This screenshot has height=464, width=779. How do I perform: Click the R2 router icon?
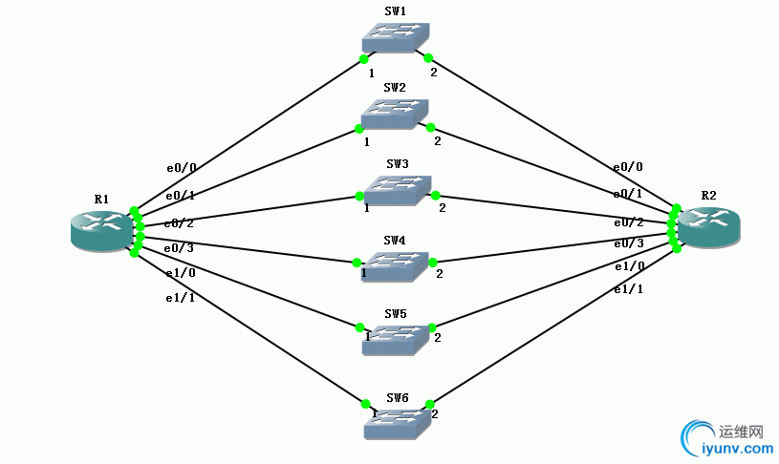tap(709, 225)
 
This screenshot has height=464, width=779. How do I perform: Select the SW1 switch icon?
tap(396, 38)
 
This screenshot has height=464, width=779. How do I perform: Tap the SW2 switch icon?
tap(395, 115)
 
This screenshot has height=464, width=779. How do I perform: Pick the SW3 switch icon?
tap(398, 191)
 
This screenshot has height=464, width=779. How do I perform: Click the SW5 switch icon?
tap(396, 341)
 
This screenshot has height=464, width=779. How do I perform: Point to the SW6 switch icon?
tap(397, 424)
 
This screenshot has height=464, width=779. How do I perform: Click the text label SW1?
tap(395, 11)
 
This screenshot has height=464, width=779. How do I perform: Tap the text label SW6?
tap(398, 397)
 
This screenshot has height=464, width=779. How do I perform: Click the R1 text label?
tap(101, 200)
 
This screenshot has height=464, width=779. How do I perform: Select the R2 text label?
tap(708, 195)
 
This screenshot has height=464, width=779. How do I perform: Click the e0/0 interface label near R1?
tap(181, 168)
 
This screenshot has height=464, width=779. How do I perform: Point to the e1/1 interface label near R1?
tap(180, 298)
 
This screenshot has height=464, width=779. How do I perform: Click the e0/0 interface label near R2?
tap(628, 166)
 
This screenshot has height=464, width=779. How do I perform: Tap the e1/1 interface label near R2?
tap(628, 288)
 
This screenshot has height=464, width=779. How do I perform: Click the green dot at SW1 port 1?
tap(363, 58)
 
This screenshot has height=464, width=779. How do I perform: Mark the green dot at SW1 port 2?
tap(429, 57)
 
